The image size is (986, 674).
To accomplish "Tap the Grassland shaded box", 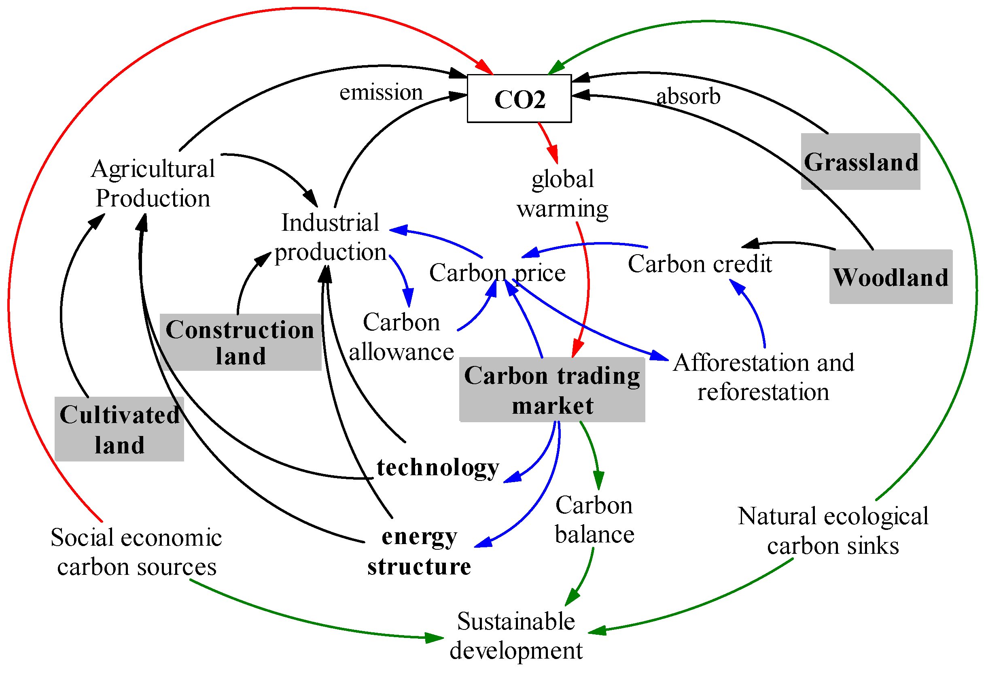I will pyautogui.click(x=860, y=161).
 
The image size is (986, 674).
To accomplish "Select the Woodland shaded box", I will pyautogui.click(x=890, y=277).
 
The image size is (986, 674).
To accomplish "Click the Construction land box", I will pyautogui.click(x=240, y=342).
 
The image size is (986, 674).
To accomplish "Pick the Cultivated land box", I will pyautogui.click(x=119, y=429).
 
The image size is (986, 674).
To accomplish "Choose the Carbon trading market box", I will pyautogui.click(x=552, y=390).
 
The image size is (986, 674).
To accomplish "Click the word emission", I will pyautogui.click(x=381, y=92).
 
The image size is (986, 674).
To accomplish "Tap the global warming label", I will pyautogui.click(x=562, y=193).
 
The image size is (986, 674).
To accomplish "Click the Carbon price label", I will pyautogui.click(x=497, y=272).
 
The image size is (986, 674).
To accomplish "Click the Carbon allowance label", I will pyautogui.click(x=401, y=336).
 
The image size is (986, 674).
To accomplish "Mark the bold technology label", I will pyautogui.click(x=438, y=467).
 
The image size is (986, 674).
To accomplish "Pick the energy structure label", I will pyautogui.click(x=419, y=551).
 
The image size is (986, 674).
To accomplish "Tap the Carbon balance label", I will pyautogui.click(x=594, y=519).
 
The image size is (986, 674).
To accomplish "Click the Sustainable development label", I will pyautogui.click(x=515, y=636).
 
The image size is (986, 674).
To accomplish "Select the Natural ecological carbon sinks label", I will pyautogui.click(x=833, y=531).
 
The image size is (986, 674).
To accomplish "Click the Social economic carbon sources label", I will pyautogui.click(x=136, y=552).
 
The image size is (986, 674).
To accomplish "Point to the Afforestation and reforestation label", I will pyautogui.click(x=763, y=377).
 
